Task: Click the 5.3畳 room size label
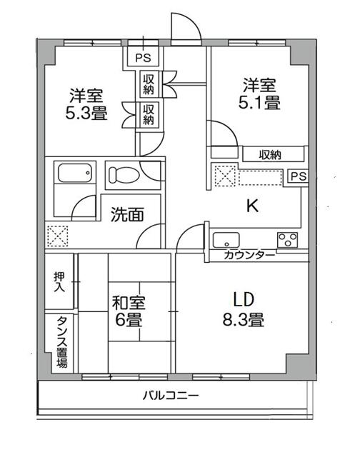(89, 113)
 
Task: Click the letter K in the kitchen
(251, 206)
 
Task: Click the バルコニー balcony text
(170, 395)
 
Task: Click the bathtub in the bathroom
(74, 174)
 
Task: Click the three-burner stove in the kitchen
(288, 239)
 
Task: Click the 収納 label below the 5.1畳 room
(270, 154)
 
